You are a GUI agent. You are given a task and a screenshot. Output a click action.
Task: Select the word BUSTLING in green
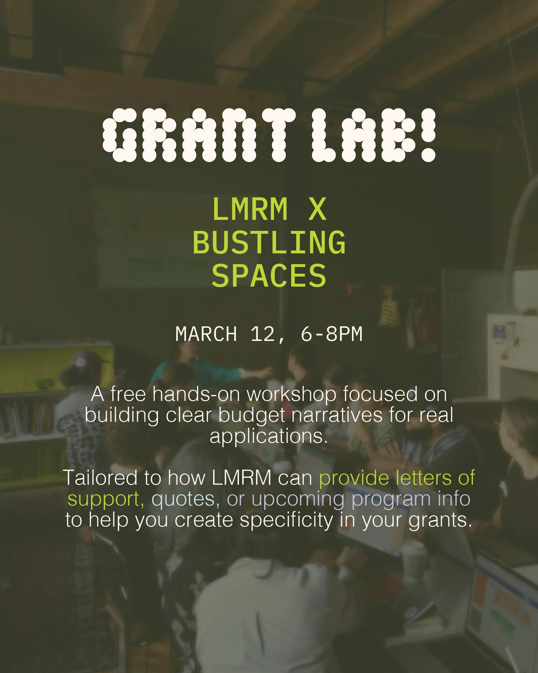click(269, 243)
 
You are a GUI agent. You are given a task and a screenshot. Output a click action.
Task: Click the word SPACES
click(269, 276)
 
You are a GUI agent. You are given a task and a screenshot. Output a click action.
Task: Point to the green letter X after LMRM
click(317, 209)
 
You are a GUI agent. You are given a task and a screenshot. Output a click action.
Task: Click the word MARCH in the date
click(206, 334)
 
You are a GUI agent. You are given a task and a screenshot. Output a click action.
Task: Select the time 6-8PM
click(331, 334)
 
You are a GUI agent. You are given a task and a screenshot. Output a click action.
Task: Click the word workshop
click(291, 394)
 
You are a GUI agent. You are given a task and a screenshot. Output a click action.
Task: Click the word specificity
click(286, 520)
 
